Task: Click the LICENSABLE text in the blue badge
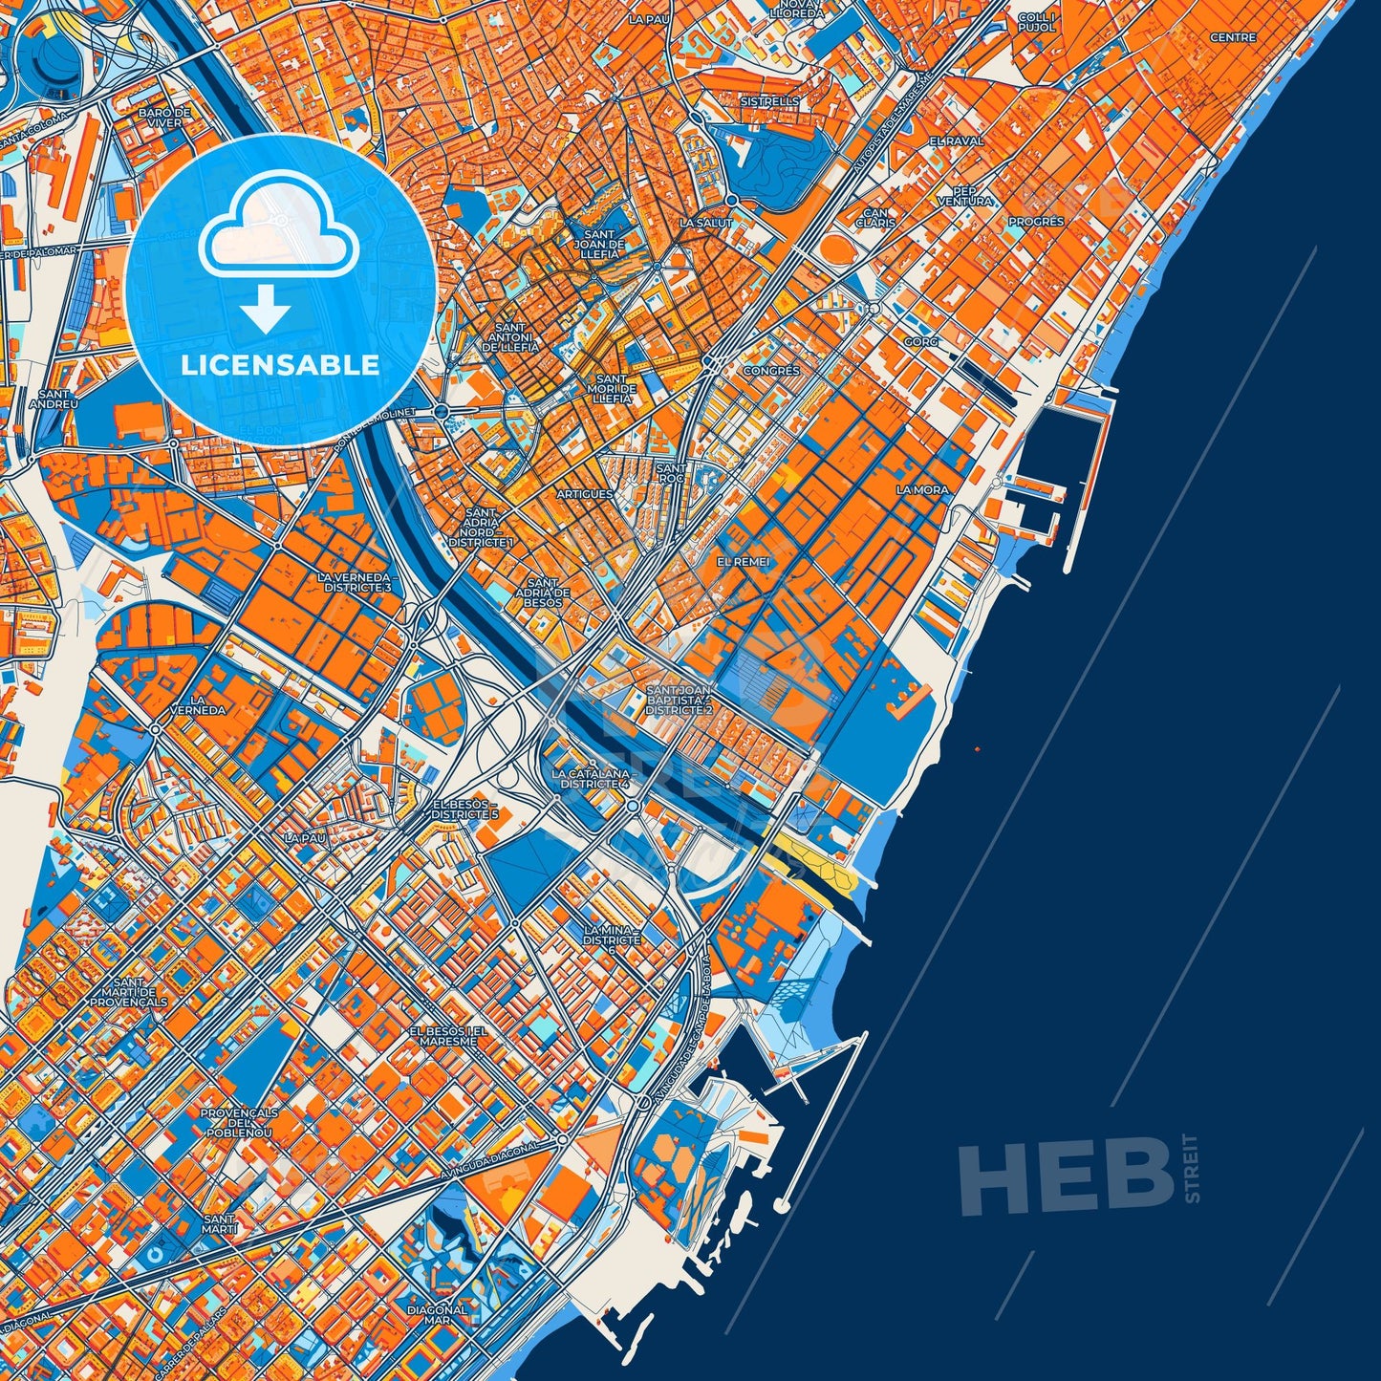280,365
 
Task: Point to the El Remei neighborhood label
743,562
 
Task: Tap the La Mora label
922,490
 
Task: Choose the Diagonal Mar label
437,1315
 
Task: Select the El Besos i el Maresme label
448,1037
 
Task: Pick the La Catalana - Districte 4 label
591,778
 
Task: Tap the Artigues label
584,494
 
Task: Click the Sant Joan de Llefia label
604,245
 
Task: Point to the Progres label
1036,222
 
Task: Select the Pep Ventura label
965,196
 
